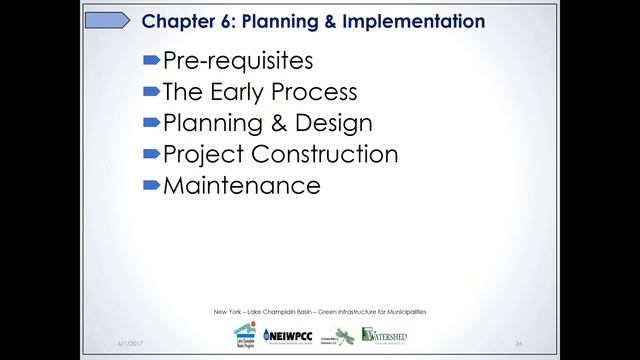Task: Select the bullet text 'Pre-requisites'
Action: coord(238,61)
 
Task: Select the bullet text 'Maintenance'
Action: coord(241,185)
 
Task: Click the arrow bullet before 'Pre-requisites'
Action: coord(151,61)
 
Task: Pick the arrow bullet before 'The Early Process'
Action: coord(151,92)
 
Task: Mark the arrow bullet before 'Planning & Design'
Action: coord(151,123)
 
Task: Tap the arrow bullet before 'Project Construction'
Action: coord(151,154)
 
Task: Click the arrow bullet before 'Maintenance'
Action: coord(151,185)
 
